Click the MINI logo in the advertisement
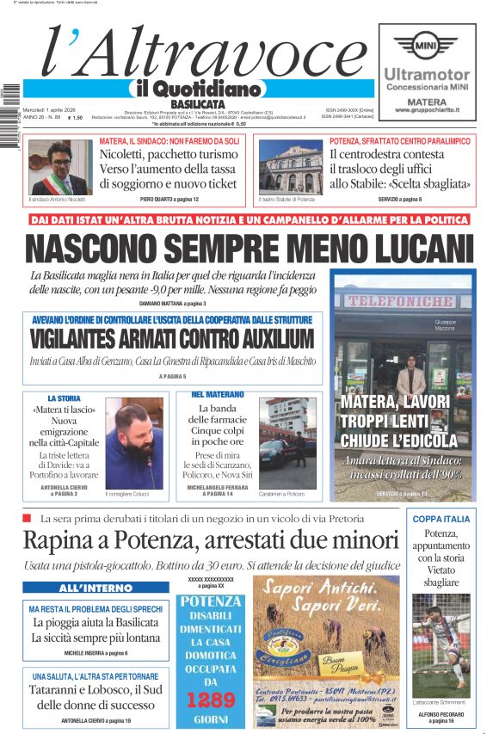(x=425, y=44)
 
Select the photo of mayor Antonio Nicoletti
(x=60, y=167)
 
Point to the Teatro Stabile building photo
(x=290, y=167)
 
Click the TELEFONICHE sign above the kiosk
(x=401, y=302)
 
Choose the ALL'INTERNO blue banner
(x=95, y=589)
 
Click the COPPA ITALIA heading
(x=440, y=519)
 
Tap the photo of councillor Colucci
(x=134, y=443)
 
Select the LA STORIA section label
(x=64, y=398)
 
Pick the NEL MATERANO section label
(x=217, y=394)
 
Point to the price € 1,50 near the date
(x=75, y=118)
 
